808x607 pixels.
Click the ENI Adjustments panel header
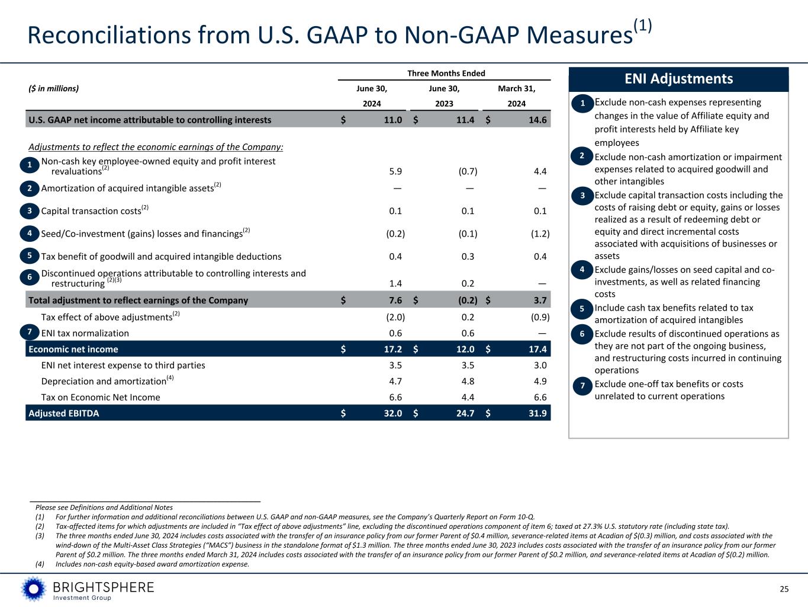(x=678, y=79)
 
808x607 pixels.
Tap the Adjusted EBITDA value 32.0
(x=392, y=413)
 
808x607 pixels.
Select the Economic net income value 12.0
(x=465, y=349)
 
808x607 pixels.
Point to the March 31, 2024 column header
(x=516, y=96)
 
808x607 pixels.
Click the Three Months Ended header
(x=446, y=74)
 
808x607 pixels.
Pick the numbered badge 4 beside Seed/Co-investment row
(x=29, y=234)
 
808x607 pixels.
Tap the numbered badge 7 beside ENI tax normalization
(x=29, y=333)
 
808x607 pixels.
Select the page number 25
(x=784, y=589)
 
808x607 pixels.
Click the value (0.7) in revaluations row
(x=468, y=171)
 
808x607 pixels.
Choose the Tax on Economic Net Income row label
(x=101, y=397)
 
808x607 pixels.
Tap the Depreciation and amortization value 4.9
(x=540, y=381)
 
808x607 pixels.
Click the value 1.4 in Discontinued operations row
(x=395, y=284)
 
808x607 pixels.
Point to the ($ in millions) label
(x=53, y=89)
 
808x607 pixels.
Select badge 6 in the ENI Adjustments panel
(x=582, y=334)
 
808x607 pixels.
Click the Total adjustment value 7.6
(x=395, y=300)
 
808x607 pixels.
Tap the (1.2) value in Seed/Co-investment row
(x=540, y=234)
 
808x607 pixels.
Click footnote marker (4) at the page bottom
(x=40, y=564)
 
